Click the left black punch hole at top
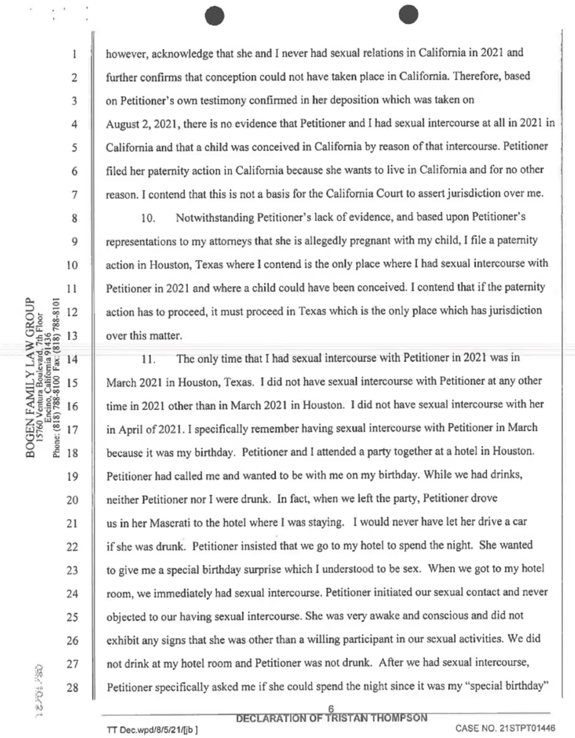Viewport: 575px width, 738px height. [x=215, y=16]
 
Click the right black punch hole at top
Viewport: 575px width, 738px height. [x=408, y=15]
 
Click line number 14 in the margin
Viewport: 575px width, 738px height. [x=72, y=359]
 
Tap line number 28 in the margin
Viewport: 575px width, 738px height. [x=72, y=687]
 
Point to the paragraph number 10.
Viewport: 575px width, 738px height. [x=148, y=218]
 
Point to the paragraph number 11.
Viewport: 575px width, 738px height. [x=148, y=360]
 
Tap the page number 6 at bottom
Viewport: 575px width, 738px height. [x=331, y=709]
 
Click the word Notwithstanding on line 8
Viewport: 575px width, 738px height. [x=215, y=218]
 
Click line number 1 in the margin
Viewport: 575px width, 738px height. [x=74, y=54]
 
